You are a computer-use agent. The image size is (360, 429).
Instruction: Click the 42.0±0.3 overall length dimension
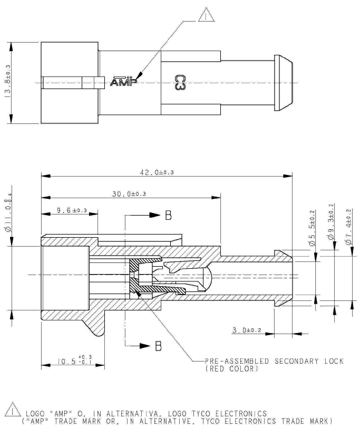click(x=157, y=172)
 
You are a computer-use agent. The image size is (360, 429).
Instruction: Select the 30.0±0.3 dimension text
click(x=129, y=194)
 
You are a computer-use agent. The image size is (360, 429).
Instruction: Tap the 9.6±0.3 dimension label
click(x=72, y=210)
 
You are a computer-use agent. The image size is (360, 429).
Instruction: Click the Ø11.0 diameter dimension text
click(x=8, y=212)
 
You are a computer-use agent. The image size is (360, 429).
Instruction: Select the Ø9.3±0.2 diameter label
click(x=331, y=221)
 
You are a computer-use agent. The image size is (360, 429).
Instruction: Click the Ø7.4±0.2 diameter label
click(x=348, y=227)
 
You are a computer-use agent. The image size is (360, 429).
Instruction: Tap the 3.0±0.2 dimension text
click(x=247, y=330)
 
